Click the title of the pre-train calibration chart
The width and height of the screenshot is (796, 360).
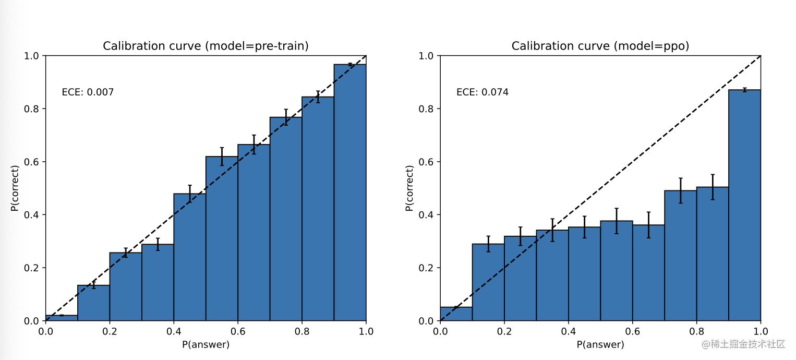tap(206, 46)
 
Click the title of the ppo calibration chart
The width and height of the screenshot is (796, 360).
tap(600, 46)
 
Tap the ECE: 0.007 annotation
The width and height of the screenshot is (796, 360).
tap(88, 92)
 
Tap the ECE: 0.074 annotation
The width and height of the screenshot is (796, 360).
tap(483, 92)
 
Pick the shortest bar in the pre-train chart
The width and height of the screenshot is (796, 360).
tap(62, 318)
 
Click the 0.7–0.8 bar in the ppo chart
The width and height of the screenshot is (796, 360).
tap(681, 256)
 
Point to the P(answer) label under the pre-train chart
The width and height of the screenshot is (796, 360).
tap(206, 344)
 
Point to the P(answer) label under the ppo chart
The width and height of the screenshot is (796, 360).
tap(600, 344)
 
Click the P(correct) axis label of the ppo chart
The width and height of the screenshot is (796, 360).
tap(409, 188)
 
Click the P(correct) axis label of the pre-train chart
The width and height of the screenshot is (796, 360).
tap(15, 188)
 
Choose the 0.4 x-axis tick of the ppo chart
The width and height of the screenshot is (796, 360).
tap(569, 331)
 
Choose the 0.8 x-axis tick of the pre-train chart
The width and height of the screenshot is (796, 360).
tap(302, 331)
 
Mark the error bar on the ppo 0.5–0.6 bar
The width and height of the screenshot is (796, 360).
tap(617, 221)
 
